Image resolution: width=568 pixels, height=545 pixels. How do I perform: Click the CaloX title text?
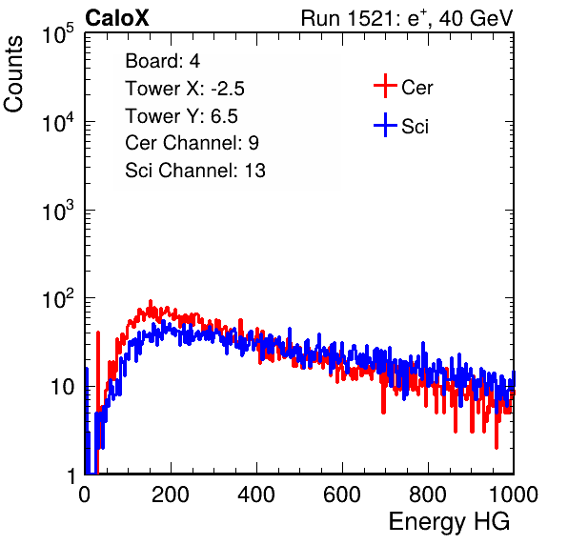116,18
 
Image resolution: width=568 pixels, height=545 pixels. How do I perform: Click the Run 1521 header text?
407,18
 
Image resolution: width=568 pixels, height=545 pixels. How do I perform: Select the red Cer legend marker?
385,86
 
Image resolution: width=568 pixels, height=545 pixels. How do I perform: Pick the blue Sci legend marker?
385,125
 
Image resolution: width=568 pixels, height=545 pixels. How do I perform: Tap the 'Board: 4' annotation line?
162,60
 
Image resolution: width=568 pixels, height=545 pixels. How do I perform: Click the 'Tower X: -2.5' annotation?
185,89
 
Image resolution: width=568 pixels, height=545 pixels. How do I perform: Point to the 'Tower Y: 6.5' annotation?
181,116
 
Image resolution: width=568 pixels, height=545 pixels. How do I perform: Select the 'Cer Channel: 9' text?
192,143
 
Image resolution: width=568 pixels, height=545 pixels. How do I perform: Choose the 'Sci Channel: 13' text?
195,171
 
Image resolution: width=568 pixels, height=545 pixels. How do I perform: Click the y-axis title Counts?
13,73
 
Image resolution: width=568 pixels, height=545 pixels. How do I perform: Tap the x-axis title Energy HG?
449,522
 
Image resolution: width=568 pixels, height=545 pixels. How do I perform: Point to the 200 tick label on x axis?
171,495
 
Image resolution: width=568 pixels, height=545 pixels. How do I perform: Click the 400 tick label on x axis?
256,495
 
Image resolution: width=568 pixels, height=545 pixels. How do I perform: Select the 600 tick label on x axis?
342,495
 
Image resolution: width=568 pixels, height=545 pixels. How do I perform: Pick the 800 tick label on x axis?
428,495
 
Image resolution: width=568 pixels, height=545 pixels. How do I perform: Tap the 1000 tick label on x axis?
514,495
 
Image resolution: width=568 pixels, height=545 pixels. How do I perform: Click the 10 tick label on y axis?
63,387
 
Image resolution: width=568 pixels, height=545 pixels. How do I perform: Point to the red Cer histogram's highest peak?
151,303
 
